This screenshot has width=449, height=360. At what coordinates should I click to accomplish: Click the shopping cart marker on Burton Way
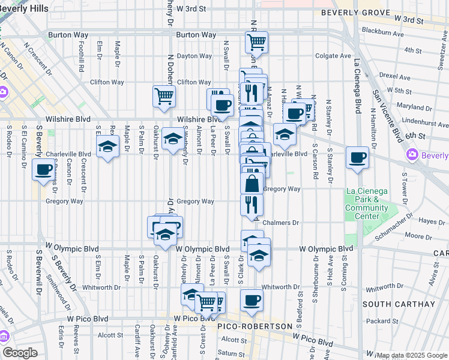tap(256, 42)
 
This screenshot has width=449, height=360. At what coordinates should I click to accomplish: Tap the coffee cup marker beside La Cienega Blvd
tap(358, 158)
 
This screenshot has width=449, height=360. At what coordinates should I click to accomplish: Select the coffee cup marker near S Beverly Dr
tap(43, 170)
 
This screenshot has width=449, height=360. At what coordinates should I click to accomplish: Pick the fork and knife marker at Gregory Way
tap(252, 205)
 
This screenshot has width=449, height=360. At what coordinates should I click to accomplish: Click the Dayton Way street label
tap(194, 56)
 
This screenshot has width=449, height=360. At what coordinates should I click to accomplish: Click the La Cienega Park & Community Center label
tap(366, 204)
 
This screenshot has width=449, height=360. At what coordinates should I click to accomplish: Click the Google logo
tap(20, 353)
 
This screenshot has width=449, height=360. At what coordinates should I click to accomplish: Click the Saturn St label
tap(230, 353)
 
